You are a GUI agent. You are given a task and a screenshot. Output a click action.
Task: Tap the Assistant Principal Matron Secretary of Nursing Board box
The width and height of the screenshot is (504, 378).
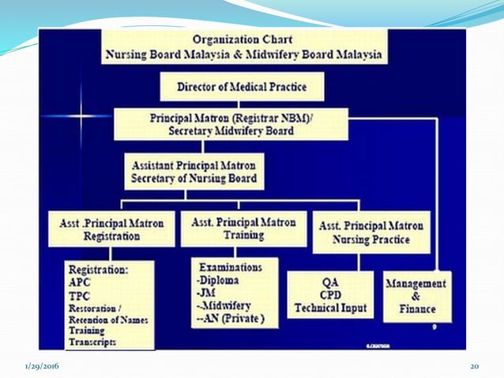point(194,171)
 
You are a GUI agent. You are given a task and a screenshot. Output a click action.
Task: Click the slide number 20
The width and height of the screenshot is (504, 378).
point(475,365)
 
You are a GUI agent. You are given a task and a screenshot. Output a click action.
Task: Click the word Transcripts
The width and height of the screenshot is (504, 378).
point(92,342)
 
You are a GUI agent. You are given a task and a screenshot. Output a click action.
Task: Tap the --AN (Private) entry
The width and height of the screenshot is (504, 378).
point(227,319)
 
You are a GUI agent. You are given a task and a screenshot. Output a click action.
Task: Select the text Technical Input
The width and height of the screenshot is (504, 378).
point(331,307)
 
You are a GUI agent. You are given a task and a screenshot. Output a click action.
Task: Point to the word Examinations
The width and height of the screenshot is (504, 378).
point(230,266)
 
